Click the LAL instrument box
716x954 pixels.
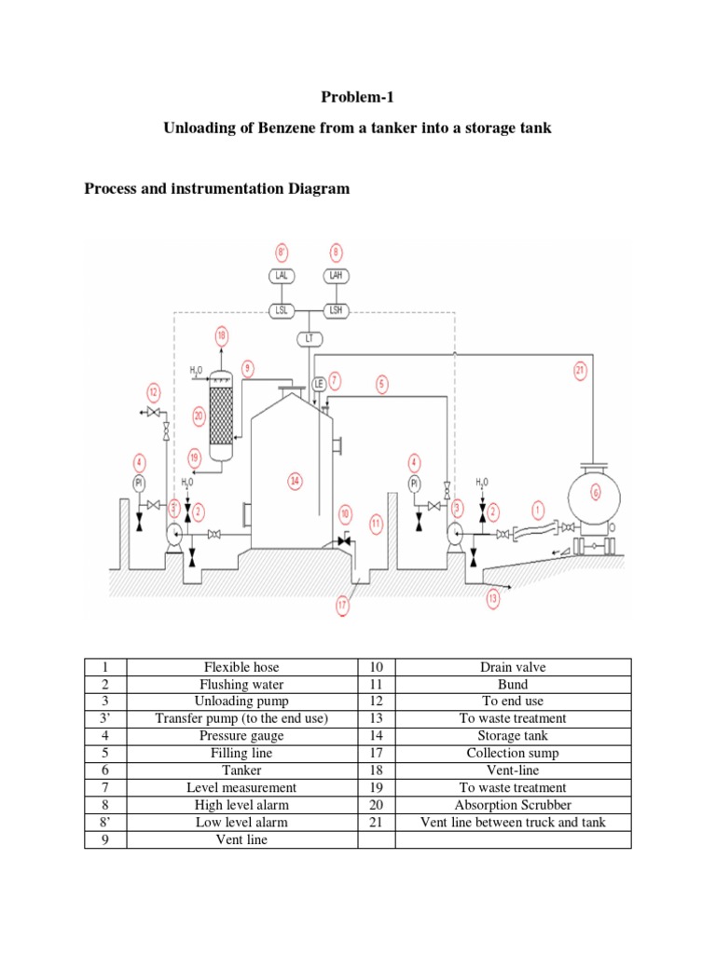click(x=281, y=277)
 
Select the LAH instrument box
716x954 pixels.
click(x=336, y=277)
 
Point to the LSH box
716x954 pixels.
click(x=336, y=309)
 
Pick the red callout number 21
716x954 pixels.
click(x=580, y=371)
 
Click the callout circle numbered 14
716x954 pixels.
click(x=295, y=481)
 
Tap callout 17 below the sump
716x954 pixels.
click(x=342, y=606)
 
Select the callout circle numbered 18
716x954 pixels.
click(x=221, y=335)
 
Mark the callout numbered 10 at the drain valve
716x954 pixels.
click(x=345, y=513)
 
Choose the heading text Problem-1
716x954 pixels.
click(x=357, y=97)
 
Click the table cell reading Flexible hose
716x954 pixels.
click(x=241, y=668)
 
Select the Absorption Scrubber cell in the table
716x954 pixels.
click(x=512, y=806)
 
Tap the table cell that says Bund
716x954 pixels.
click(x=512, y=685)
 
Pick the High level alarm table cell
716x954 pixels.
click(x=241, y=806)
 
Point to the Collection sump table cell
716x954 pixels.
click(x=512, y=754)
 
